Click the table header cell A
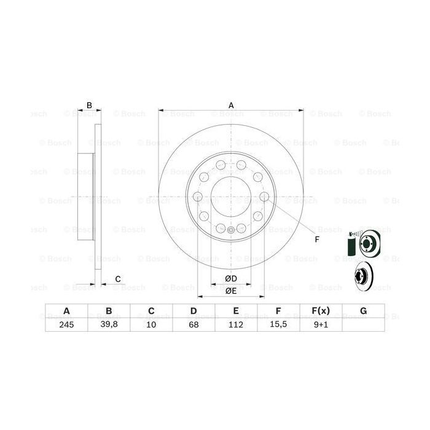[66, 311]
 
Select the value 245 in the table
[66, 326]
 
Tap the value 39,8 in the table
[109, 326]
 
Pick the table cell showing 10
[151, 326]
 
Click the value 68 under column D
[193, 326]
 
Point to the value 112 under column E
[236, 326]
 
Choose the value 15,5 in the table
[278, 326]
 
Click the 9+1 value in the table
[321, 326]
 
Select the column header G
[363, 311]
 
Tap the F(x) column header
[321, 311]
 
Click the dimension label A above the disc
[232, 105]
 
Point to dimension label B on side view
[89, 105]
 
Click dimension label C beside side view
[117, 279]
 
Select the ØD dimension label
[231, 279]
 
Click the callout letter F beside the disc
[317, 239]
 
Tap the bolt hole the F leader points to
[264, 197]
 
